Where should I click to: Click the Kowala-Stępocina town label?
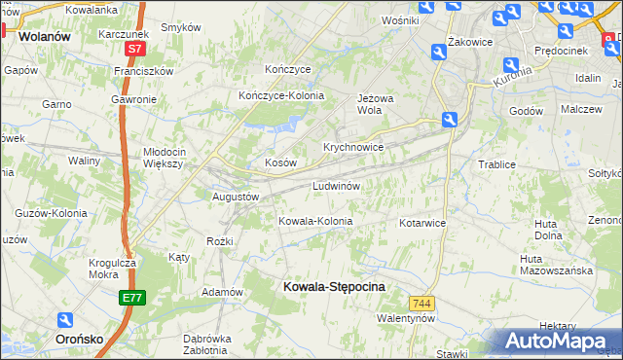click(333, 287)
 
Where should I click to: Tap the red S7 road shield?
click(134, 48)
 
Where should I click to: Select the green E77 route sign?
click(133, 298)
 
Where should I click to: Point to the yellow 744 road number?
click(421, 305)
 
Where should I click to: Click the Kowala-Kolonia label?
click(315, 221)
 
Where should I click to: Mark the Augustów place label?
click(236, 197)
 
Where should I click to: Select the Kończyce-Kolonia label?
click(281, 95)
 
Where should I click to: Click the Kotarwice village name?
click(421, 223)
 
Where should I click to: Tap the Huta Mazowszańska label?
click(556, 265)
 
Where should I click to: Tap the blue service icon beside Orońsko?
click(66, 319)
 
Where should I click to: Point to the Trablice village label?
click(496, 164)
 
